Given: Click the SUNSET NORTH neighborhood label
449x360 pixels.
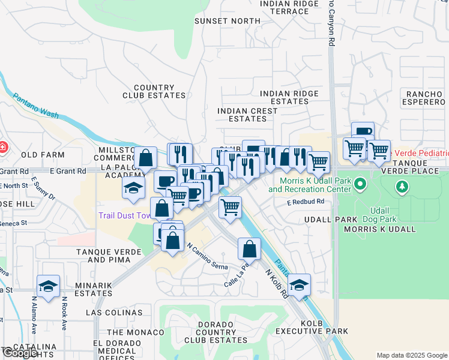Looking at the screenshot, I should click(228, 21).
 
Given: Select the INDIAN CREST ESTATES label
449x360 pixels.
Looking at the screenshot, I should click(248, 115).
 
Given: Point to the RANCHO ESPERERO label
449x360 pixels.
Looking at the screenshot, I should click(424, 98).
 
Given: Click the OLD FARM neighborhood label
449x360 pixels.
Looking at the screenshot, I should click(43, 155).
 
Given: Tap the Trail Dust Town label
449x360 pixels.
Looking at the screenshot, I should click(125, 215).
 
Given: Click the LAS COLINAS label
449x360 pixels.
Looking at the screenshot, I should click(114, 313).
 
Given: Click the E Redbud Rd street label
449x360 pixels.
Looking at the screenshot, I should click(305, 202).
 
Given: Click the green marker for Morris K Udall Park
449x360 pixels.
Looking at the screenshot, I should click(360, 183).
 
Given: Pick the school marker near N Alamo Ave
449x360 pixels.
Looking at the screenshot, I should click(48, 286).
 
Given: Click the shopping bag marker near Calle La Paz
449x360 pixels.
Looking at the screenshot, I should click(249, 248).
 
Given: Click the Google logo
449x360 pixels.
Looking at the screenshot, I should click(20, 353).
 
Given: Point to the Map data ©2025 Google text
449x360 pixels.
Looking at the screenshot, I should click(411, 355).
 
